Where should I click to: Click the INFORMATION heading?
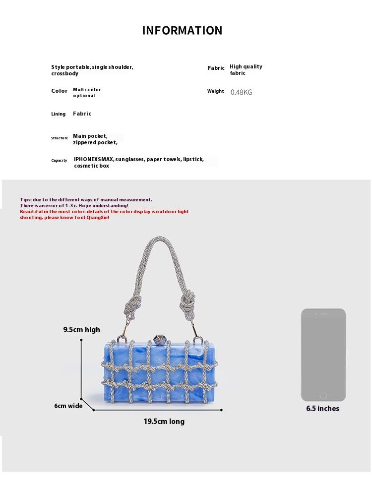(183, 31)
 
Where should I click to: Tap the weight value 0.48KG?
(242, 92)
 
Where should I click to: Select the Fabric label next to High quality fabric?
(216, 68)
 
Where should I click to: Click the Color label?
(59, 91)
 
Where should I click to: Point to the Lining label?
(58, 114)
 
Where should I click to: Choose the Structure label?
(59, 138)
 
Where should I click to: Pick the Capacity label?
(59, 161)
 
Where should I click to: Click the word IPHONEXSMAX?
(94, 159)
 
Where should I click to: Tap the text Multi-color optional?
(87, 92)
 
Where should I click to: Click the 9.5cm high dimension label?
(81, 330)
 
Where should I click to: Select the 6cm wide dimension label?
(68, 406)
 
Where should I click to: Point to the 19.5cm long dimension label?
(164, 421)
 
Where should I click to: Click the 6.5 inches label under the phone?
(322, 409)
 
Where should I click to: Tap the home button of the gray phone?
(323, 396)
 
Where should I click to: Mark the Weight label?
(215, 91)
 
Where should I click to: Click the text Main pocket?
(90, 136)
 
